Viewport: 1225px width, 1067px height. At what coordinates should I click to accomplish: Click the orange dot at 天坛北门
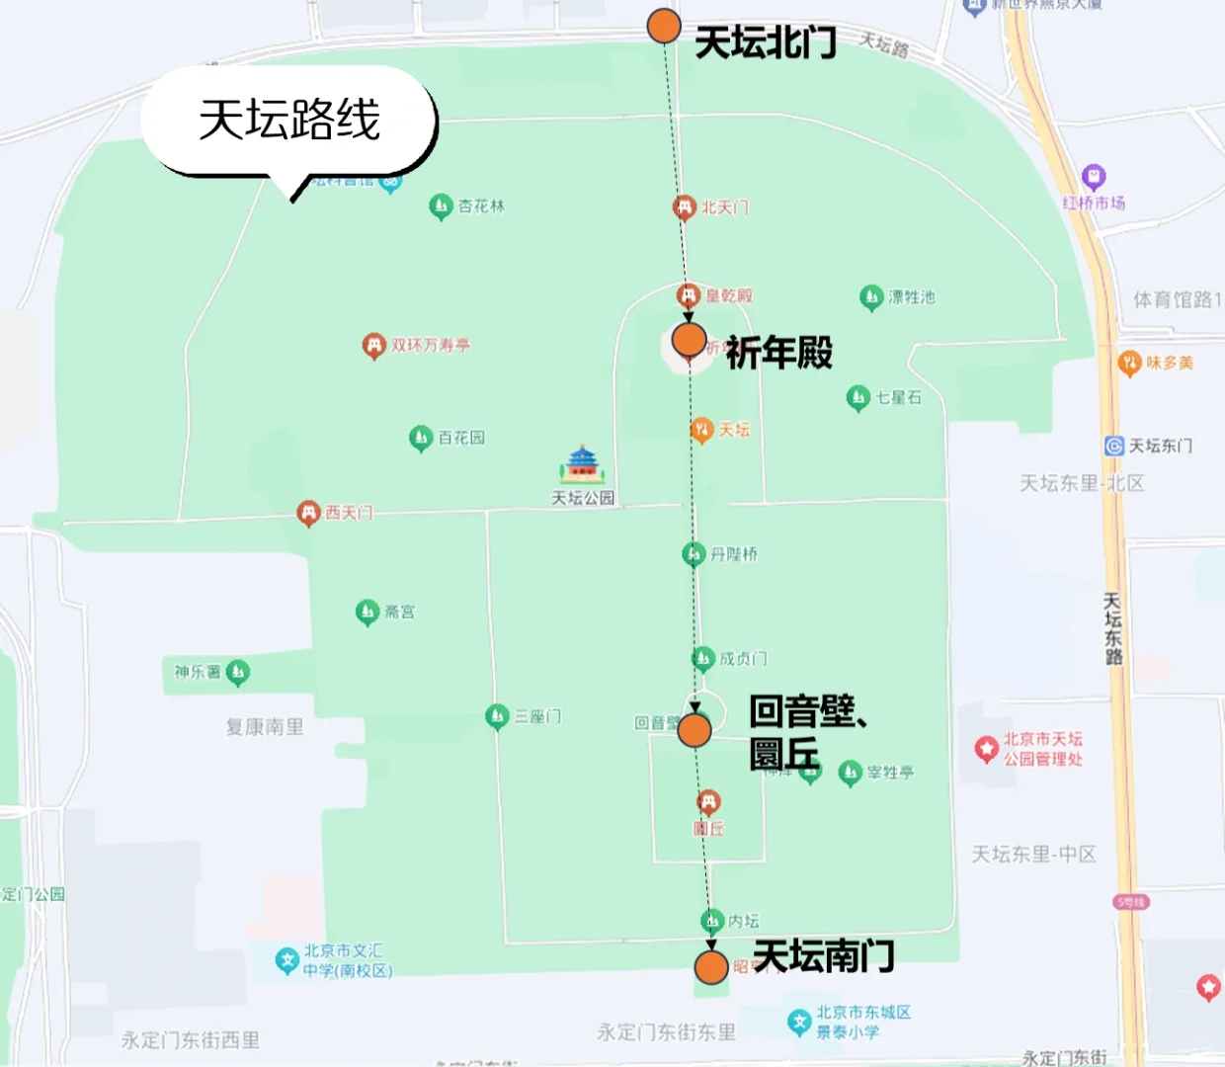(664, 27)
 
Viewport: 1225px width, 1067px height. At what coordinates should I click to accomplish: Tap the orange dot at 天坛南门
(711, 967)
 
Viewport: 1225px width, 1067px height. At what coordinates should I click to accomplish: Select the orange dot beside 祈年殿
(689, 340)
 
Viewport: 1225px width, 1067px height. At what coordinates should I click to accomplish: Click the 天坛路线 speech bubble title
(289, 121)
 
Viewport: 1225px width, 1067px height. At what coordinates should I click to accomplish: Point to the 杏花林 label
(481, 206)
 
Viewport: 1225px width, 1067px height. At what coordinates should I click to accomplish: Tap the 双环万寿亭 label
(430, 346)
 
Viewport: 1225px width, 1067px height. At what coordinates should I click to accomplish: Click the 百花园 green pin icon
(421, 438)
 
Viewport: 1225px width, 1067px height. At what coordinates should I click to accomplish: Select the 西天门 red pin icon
(308, 513)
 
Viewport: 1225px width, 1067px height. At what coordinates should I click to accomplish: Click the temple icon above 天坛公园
(582, 463)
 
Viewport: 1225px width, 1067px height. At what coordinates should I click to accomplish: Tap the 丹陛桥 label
(734, 554)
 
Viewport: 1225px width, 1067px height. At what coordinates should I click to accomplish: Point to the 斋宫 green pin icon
(367, 613)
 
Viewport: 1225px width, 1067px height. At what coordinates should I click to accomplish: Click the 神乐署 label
(197, 672)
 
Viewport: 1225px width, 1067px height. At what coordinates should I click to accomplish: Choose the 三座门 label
(537, 716)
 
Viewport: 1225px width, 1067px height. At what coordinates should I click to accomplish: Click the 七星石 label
(898, 397)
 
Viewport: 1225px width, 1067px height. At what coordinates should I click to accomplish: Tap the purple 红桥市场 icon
(1093, 177)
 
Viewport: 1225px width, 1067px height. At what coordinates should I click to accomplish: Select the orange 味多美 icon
(1129, 363)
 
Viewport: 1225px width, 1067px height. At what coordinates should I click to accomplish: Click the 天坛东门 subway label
(1160, 446)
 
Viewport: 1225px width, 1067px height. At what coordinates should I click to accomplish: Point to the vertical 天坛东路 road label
(1112, 628)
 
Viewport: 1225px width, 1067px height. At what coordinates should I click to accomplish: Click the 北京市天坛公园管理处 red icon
(986, 749)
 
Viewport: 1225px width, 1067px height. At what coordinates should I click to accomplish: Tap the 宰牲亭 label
(890, 773)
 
